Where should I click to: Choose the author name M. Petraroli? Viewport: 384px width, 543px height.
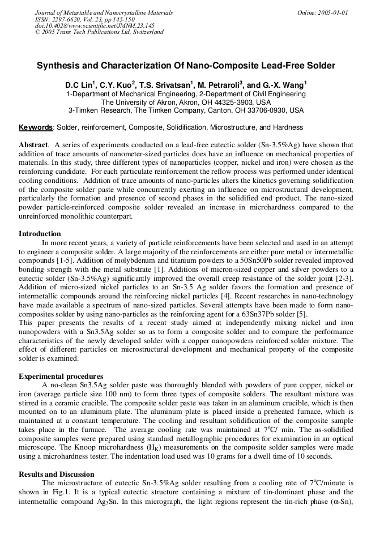click(x=221, y=85)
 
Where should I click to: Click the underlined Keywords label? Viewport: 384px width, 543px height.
click(x=36, y=127)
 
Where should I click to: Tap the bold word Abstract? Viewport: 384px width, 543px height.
click(x=33, y=146)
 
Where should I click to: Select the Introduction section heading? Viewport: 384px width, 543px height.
click(x=40, y=233)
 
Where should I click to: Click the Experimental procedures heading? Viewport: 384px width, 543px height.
click(x=61, y=377)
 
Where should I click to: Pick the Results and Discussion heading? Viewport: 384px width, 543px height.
click(x=57, y=474)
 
